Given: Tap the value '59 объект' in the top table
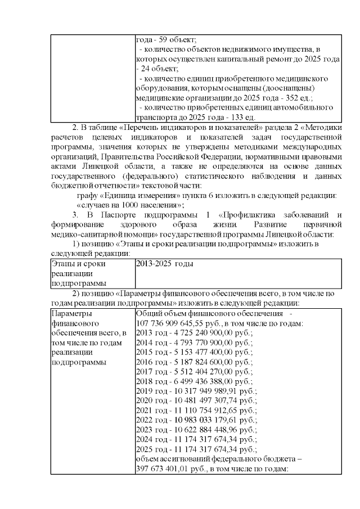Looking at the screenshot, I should [176, 40].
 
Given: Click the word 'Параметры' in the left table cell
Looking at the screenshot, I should [70, 313].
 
